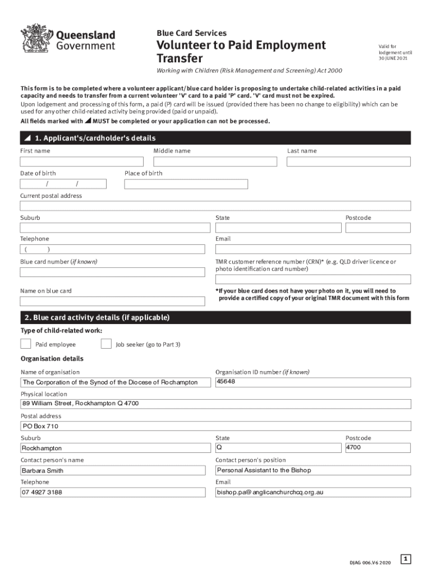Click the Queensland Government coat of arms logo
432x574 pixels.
click(x=35, y=39)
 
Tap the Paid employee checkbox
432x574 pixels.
click(x=26, y=344)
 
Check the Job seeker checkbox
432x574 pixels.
click(x=106, y=344)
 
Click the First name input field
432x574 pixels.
click(x=82, y=161)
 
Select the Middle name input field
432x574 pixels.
click(x=215, y=161)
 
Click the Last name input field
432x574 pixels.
click(x=348, y=161)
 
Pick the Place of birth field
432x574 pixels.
click(x=186, y=184)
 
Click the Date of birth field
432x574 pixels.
click(x=63, y=184)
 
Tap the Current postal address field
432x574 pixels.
click(x=215, y=206)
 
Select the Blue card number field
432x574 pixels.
click(x=112, y=272)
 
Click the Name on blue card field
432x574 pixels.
click(x=112, y=301)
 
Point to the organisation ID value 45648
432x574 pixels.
click(x=226, y=382)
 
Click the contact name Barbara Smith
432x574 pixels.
click(x=43, y=471)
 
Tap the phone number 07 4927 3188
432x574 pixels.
click(x=42, y=493)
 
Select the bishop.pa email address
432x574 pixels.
click(x=270, y=493)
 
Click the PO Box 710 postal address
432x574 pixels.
click(x=40, y=427)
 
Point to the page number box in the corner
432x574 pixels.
click(x=406, y=559)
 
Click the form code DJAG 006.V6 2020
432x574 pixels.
click(x=370, y=562)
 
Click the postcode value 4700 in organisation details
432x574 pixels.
click(x=353, y=447)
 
